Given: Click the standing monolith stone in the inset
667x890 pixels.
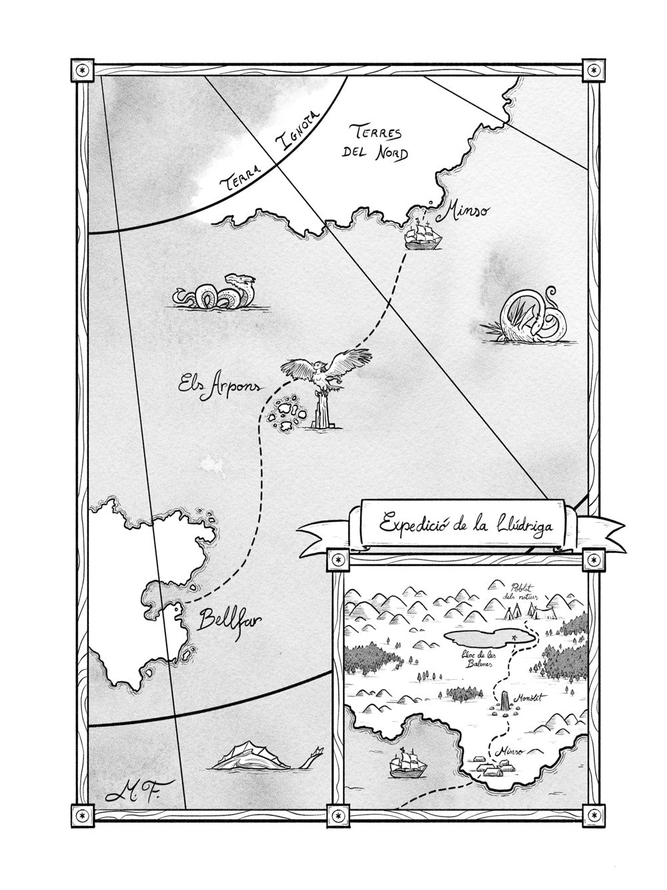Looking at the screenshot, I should pos(505,700).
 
